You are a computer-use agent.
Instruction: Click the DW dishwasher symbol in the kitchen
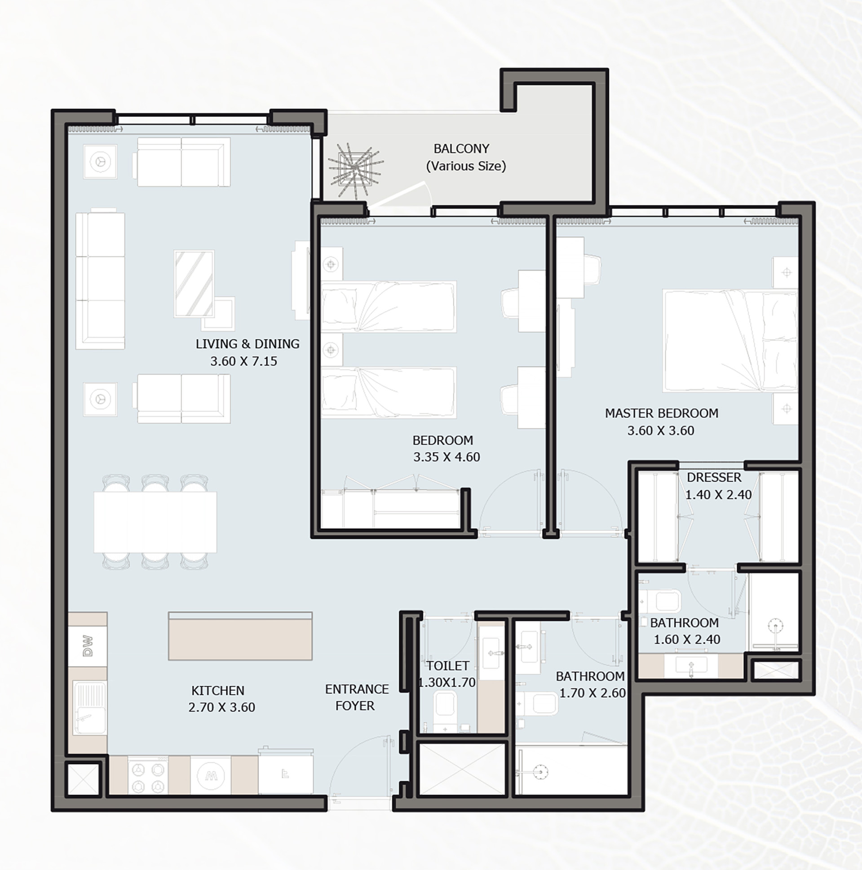point(88,646)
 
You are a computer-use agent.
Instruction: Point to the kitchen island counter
point(240,636)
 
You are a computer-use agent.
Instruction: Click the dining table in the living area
point(155,522)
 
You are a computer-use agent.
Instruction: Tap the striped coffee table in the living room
point(194,284)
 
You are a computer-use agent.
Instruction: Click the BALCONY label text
point(461,149)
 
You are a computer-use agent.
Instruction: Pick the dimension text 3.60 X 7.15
point(244,361)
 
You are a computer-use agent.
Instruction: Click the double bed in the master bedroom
point(730,341)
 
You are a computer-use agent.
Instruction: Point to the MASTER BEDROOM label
point(662,413)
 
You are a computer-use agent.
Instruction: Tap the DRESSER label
point(714,477)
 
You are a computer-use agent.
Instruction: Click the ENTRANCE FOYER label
point(356,697)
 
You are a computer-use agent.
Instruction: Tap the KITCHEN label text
point(218,690)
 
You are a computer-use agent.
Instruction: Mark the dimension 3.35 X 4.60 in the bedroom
point(446,457)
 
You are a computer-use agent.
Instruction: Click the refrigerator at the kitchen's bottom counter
point(286,773)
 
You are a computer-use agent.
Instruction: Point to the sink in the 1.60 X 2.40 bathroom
point(691,666)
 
